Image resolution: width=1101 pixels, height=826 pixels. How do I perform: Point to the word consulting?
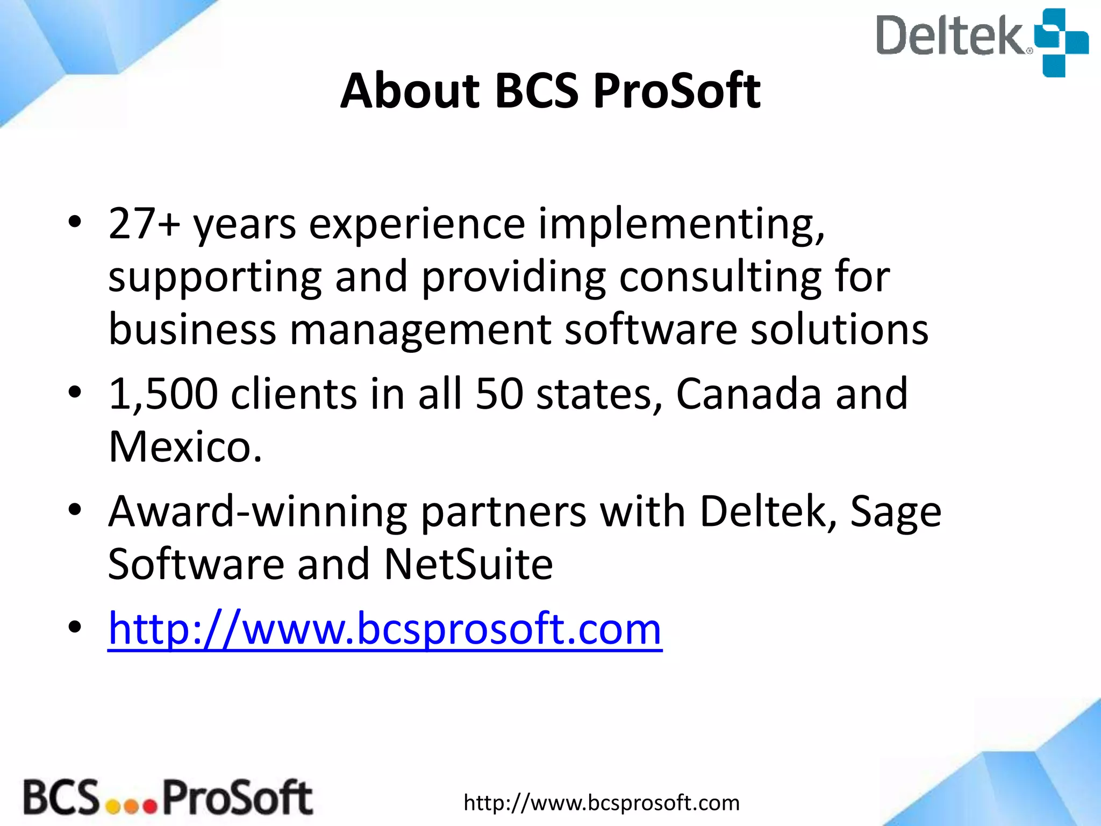(720, 277)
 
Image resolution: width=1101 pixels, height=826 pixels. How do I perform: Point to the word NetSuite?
(468, 564)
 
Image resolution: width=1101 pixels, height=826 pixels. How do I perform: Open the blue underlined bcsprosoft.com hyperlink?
(384, 629)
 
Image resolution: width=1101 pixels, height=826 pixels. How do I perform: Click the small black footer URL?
(602, 803)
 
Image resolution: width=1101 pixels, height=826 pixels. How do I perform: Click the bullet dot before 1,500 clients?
(75, 393)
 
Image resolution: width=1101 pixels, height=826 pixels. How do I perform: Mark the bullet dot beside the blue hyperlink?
(75, 627)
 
